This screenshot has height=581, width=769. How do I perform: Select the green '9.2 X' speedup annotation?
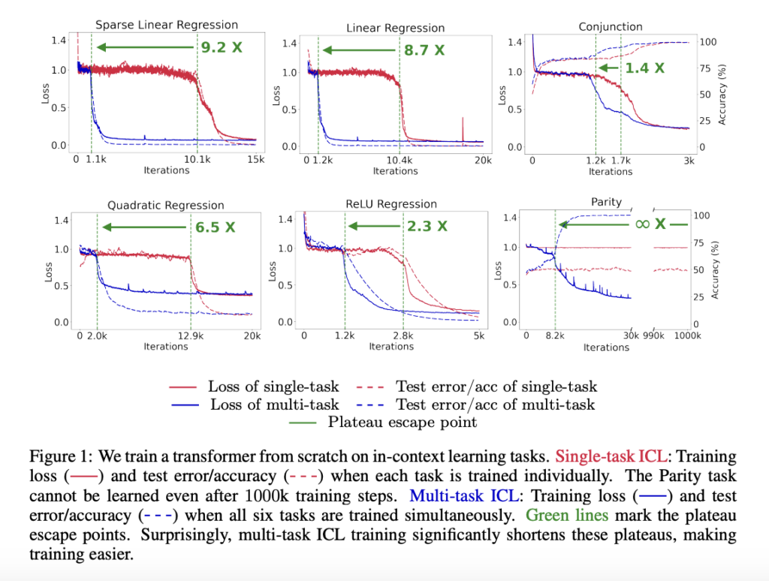click(222, 47)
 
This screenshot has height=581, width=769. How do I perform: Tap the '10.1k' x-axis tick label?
click(198, 159)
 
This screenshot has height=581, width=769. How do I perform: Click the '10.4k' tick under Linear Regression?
click(400, 161)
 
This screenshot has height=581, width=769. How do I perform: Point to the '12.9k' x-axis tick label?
click(191, 336)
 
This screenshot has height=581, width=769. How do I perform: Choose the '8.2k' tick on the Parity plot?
click(556, 337)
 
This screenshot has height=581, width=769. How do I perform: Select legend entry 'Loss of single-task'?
click(273, 387)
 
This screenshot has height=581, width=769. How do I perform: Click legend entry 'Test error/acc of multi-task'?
click(496, 405)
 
